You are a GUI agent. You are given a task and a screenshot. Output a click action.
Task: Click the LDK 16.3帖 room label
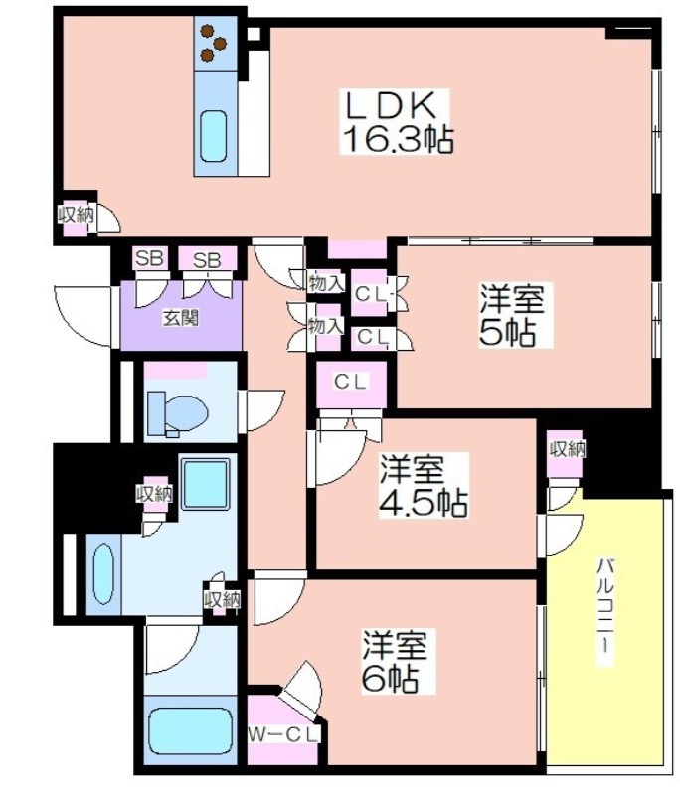tap(397, 122)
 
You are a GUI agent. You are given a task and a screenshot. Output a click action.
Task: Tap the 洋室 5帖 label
tap(513, 316)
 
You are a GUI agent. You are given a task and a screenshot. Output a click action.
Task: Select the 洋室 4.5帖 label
tap(424, 485)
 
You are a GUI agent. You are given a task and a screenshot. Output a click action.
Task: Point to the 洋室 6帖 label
tap(393, 661)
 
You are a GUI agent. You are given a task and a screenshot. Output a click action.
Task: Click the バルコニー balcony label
tap(606, 612)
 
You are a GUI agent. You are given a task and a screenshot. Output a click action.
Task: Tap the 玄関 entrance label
tap(180, 318)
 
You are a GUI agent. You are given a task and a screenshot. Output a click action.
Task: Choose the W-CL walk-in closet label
tap(284, 735)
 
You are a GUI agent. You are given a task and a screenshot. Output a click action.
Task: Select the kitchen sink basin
tap(213, 135)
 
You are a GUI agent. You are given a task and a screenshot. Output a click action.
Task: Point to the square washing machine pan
tap(206, 483)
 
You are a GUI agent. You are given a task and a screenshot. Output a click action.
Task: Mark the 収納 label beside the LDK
tap(76, 215)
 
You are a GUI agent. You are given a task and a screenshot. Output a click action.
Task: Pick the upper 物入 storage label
tap(326, 284)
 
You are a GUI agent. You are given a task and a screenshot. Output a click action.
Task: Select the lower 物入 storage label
tap(326, 327)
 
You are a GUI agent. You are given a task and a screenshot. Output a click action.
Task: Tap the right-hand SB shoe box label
tap(207, 260)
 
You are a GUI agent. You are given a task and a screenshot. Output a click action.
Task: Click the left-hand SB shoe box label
tap(149, 259)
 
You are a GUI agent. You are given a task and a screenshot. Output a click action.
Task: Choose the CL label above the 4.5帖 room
tap(350, 382)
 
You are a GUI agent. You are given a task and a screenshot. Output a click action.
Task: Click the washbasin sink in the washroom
tap(103, 574)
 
